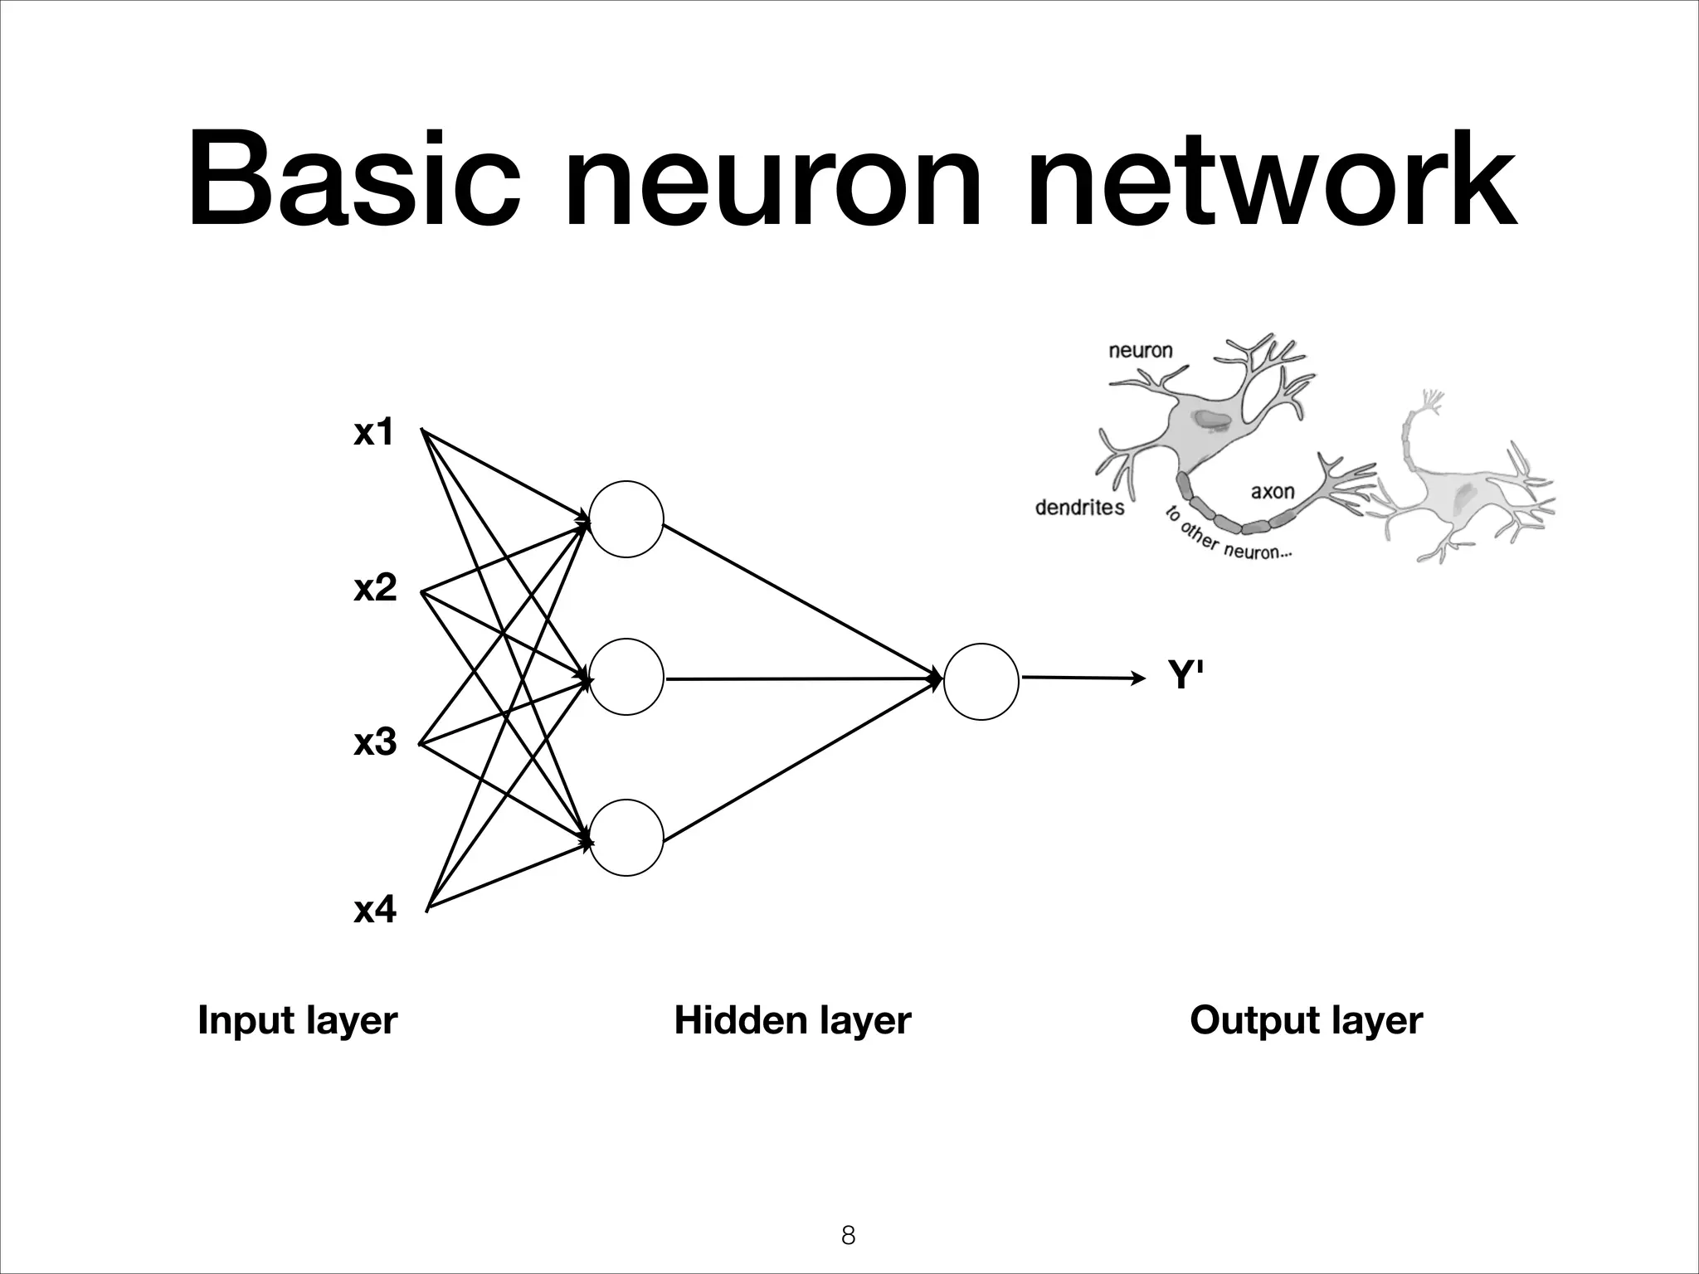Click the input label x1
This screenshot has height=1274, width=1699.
(x=373, y=433)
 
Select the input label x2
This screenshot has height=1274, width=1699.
(x=375, y=588)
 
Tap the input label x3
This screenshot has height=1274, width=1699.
(x=375, y=742)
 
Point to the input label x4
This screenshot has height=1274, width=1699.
(x=375, y=910)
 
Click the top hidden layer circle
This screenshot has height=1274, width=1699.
(x=626, y=519)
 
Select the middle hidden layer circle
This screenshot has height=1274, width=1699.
(x=626, y=677)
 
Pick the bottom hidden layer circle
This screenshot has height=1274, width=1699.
(x=626, y=838)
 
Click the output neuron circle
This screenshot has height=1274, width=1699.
(x=981, y=682)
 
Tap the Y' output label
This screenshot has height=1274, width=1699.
(x=1185, y=675)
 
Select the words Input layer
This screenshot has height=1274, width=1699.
(x=297, y=1020)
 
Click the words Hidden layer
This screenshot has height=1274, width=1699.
(x=792, y=1020)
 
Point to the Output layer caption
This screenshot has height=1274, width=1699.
(x=1306, y=1020)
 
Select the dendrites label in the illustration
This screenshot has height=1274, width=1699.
(x=1079, y=508)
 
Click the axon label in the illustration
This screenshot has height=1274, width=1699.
(x=1272, y=492)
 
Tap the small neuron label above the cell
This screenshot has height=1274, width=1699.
(x=1141, y=351)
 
